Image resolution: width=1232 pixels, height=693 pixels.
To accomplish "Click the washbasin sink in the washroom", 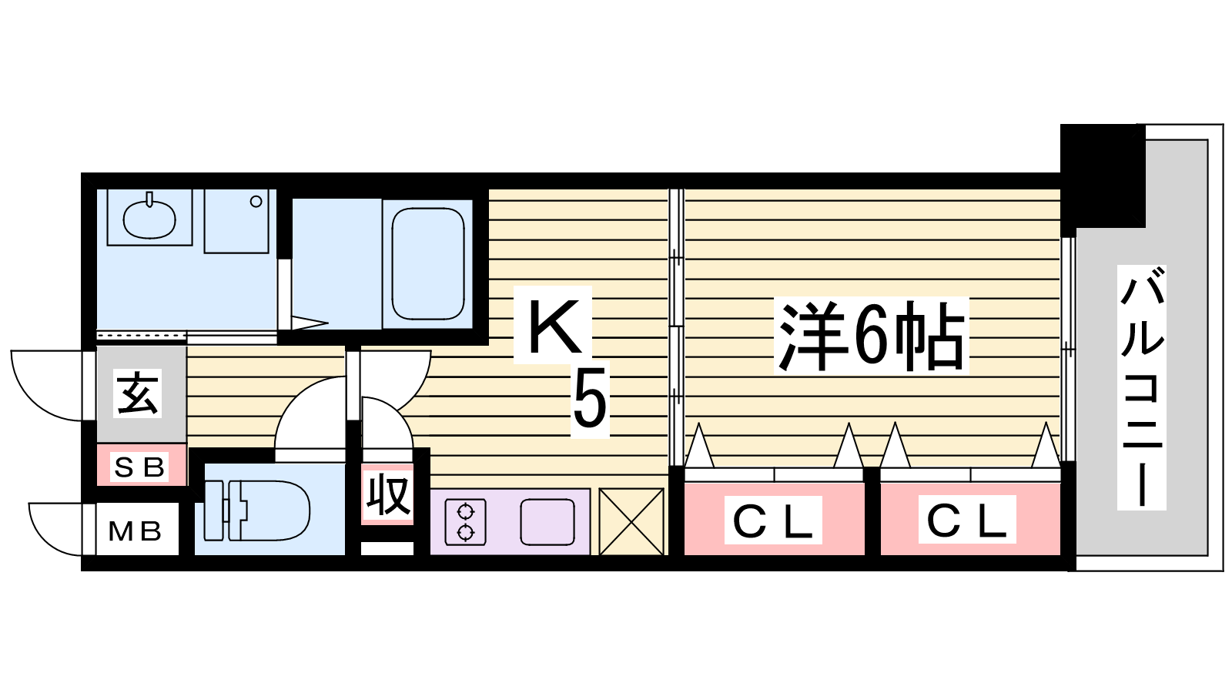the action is [x=149, y=219].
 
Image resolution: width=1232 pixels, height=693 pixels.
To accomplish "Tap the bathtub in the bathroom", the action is [x=428, y=264].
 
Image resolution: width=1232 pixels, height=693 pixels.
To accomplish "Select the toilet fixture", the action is [x=256, y=511].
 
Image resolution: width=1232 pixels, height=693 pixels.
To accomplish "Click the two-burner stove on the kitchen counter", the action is [x=465, y=522].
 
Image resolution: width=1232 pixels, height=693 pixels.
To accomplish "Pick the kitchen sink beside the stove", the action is [x=547, y=522].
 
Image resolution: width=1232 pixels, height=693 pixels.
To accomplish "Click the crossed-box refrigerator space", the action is [x=631, y=522].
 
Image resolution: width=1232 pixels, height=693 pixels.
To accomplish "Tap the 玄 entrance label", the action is [x=138, y=393].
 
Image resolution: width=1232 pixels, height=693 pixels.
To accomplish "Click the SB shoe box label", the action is [x=139, y=467].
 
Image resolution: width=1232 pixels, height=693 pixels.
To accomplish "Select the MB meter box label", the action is [x=136, y=531].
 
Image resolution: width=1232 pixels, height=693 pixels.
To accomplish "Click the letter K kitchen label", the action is [x=554, y=326].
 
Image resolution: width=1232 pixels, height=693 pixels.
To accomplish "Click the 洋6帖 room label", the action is [x=871, y=336].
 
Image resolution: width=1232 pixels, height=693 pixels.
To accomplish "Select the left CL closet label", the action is [x=773, y=521].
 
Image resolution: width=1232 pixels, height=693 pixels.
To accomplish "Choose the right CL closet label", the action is [x=967, y=520].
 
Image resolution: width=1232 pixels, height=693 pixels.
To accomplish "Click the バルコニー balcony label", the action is [x=1142, y=387].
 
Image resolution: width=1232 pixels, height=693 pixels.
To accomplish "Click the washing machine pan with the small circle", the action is [x=236, y=221].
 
